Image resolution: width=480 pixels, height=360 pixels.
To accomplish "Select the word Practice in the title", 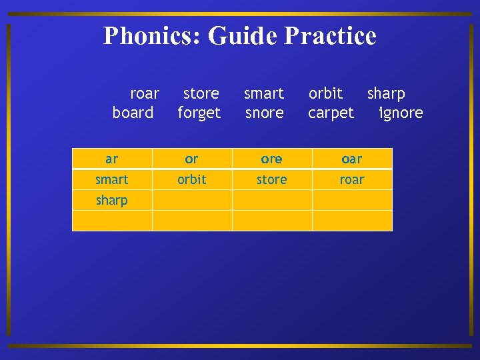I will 330,35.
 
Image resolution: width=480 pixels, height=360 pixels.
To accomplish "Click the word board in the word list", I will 133,113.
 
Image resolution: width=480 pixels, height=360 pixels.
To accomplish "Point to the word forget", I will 199,113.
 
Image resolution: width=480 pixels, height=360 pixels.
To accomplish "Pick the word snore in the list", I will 265,113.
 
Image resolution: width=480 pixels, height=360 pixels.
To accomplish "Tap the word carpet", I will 331,113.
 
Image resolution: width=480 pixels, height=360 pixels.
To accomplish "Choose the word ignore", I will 401,113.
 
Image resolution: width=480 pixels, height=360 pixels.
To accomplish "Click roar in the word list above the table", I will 145,93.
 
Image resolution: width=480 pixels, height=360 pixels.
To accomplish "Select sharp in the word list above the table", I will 386,93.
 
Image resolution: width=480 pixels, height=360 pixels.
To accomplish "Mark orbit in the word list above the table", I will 325,93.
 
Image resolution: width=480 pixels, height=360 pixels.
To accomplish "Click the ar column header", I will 112,159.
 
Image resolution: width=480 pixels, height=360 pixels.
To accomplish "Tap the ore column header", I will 272,159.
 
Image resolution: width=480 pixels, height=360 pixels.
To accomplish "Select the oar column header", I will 352,159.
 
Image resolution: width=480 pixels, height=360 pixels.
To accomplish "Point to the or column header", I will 192,159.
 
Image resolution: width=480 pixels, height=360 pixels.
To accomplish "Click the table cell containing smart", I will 112,179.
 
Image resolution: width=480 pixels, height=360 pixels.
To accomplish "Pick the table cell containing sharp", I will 112,200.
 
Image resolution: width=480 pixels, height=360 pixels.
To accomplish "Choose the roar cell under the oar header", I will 352,179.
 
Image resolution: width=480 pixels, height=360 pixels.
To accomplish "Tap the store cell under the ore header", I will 272,179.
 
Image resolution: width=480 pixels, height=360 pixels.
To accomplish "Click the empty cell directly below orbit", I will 192,200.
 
